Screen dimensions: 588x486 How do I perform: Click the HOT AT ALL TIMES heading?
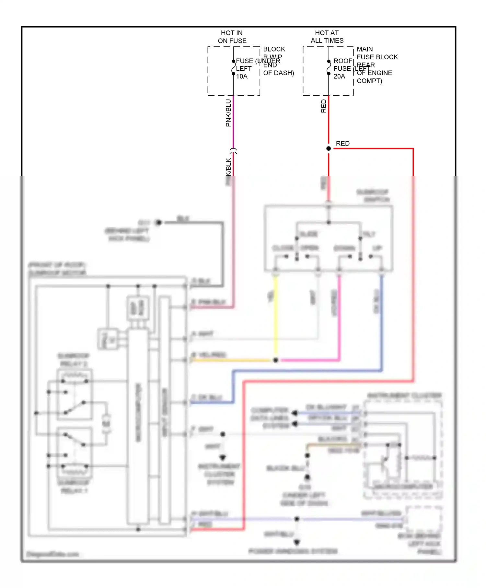click(x=327, y=37)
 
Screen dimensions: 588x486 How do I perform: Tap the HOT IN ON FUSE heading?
click(x=232, y=37)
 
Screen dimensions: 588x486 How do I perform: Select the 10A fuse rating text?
click(x=242, y=76)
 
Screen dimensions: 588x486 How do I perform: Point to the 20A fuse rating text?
click(x=339, y=76)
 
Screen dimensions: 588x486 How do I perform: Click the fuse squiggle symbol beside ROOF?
click(x=329, y=67)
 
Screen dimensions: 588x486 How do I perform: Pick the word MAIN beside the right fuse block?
click(x=364, y=49)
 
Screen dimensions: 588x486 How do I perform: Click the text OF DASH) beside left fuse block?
click(x=278, y=73)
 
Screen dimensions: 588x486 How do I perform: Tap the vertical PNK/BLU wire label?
click(x=228, y=113)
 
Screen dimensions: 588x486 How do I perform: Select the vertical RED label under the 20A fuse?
click(x=323, y=106)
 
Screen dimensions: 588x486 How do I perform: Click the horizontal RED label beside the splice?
click(x=342, y=143)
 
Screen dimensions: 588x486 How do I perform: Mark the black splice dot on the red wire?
click(x=329, y=148)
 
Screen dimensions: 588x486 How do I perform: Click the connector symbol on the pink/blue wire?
click(x=233, y=151)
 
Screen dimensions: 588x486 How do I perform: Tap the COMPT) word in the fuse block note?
click(x=369, y=81)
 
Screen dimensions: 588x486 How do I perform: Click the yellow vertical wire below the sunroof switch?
click(x=276, y=318)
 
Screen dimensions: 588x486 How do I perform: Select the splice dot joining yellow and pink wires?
click(x=275, y=360)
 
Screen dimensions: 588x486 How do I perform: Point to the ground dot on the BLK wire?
click(x=158, y=222)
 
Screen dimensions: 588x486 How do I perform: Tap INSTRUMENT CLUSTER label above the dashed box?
click(x=404, y=395)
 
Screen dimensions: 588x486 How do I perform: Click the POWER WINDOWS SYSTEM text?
click(x=293, y=551)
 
